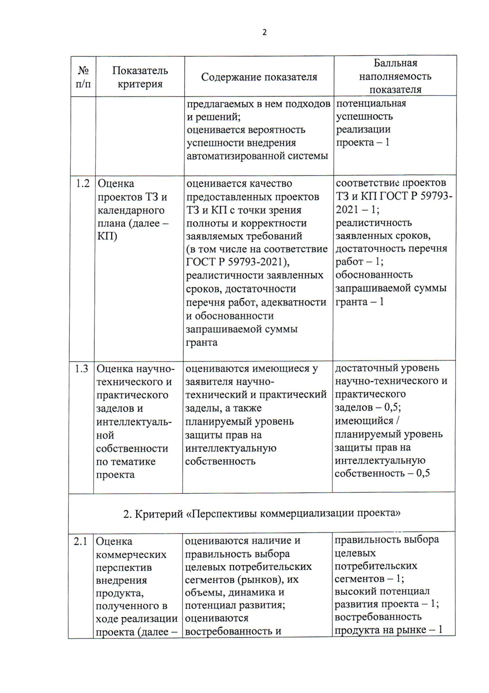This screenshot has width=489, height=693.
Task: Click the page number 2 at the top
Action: click(x=264, y=33)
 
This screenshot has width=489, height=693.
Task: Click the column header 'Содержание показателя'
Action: click(x=259, y=77)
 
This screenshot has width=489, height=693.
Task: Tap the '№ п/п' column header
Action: click(x=84, y=77)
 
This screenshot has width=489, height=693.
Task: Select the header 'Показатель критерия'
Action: click(x=140, y=77)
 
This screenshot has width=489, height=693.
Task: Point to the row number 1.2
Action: click(x=83, y=184)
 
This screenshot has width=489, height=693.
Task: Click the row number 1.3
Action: click(x=81, y=369)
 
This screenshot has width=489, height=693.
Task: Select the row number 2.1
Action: click(x=81, y=541)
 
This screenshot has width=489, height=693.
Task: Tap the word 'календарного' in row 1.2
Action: click(x=131, y=210)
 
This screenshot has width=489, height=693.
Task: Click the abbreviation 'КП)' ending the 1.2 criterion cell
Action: click(x=107, y=236)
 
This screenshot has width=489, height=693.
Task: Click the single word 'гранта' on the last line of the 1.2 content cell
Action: click(x=201, y=342)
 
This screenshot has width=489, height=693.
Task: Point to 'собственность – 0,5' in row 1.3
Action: click(x=382, y=473)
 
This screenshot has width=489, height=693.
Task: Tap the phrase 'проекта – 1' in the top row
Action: click(x=362, y=143)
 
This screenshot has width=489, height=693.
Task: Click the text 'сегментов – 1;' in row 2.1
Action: click(x=369, y=579)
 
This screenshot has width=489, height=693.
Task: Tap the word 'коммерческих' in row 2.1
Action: click(x=131, y=554)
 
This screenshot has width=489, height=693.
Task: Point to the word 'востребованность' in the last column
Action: click(x=378, y=617)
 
